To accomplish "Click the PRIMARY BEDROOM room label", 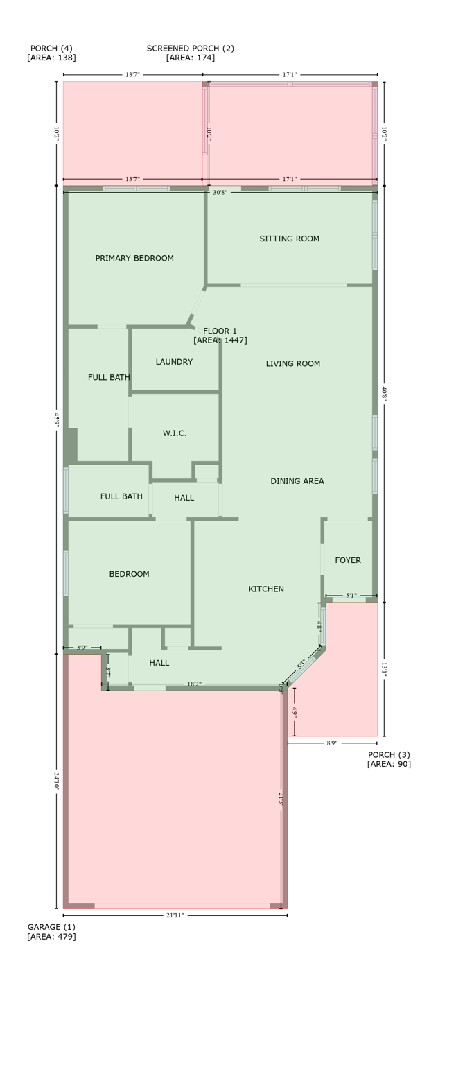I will pyautogui.click(x=134, y=259).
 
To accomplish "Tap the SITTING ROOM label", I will pyautogui.click(x=289, y=239).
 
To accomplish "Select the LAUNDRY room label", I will pyautogui.click(x=174, y=362).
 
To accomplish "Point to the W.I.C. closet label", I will pyautogui.click(x=175, y=433).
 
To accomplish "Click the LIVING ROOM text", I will pyautogui.click(x=292, y=363).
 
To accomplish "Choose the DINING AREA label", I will pyautogui.click(x=297, y=481).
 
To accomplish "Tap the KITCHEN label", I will pyautogui.click(x=266, y=589).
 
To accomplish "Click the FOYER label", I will pyautogui.click(x=347, y=560).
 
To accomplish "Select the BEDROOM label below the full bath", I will pyautogui.click(x=129, y=574).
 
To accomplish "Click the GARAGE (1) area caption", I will pyautogui.click(x=51, y=932).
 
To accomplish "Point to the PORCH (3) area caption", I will pyautogui.click(x=389, y=759).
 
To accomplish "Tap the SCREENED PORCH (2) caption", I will pyautogui.click(x=191, y=53).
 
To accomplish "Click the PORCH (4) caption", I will pyautogui.click(x=51, y=53).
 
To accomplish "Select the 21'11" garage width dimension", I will pyautogui.click(x=175, y=915).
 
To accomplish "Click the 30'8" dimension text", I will pyautogui.click(x=220, y=192).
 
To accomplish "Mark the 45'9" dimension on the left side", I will pyautogui.click(x=57, y=420).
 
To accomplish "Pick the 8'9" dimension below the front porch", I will pyautogui.click(x=332, y=743).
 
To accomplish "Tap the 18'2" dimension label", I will pyautogui.click(x=195, y=684).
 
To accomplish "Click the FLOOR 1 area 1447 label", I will pyautogui.click(x=220, y=336).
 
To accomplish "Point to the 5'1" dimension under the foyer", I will pyautogui.click(x=351, y=595).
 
